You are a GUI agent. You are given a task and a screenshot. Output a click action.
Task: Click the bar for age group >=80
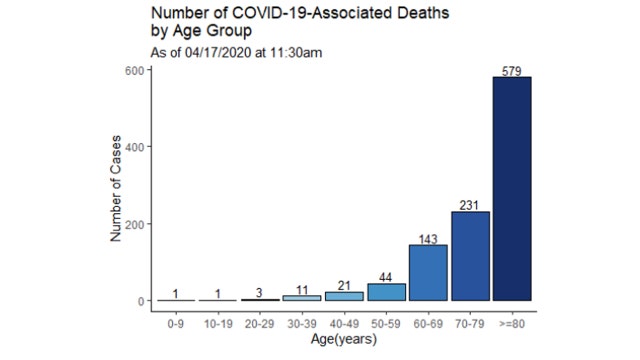point(511,189)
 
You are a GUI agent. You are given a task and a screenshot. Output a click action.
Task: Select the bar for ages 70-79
point(470,256)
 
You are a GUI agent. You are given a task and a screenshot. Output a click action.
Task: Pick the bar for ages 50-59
point(386,292)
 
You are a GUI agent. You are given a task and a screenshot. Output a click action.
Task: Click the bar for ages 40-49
point(344,296)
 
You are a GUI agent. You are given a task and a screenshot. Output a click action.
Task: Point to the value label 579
point(512,71)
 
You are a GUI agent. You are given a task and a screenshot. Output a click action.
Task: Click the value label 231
point(470,205)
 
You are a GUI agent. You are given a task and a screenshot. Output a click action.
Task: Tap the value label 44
point(386,277)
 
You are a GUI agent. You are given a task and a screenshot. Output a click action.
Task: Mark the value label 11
point(302,289)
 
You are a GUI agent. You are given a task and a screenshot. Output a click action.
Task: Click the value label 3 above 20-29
point(260,292)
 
